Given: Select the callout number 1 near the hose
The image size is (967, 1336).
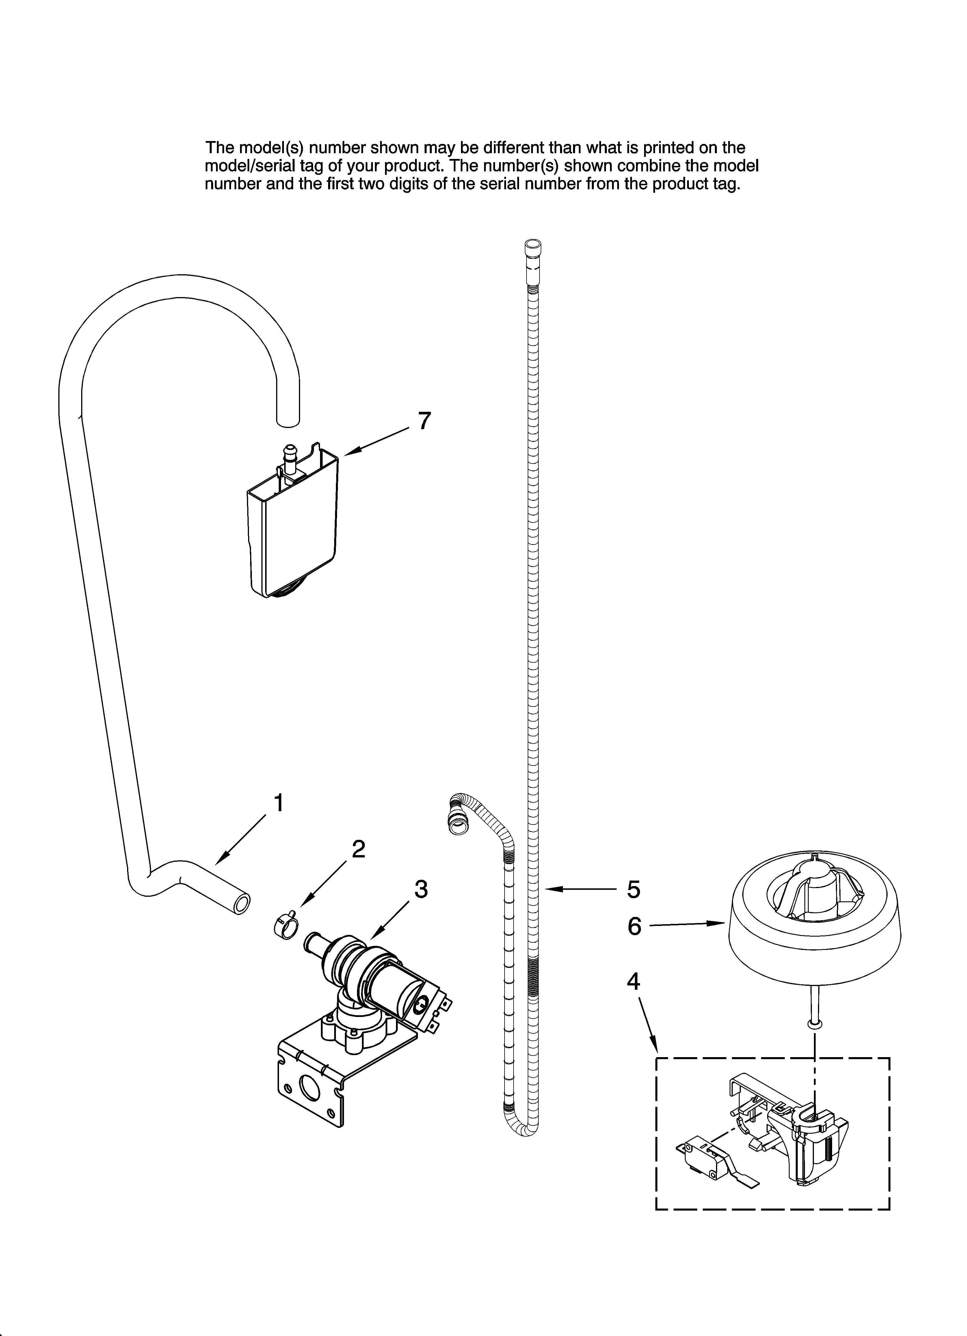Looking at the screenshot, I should [278, 803].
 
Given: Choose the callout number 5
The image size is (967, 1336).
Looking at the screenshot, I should [633, 890].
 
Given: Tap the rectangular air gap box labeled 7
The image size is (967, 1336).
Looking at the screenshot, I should [292, 536].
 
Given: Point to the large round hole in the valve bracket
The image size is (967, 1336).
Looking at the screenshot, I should [309, 1087].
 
